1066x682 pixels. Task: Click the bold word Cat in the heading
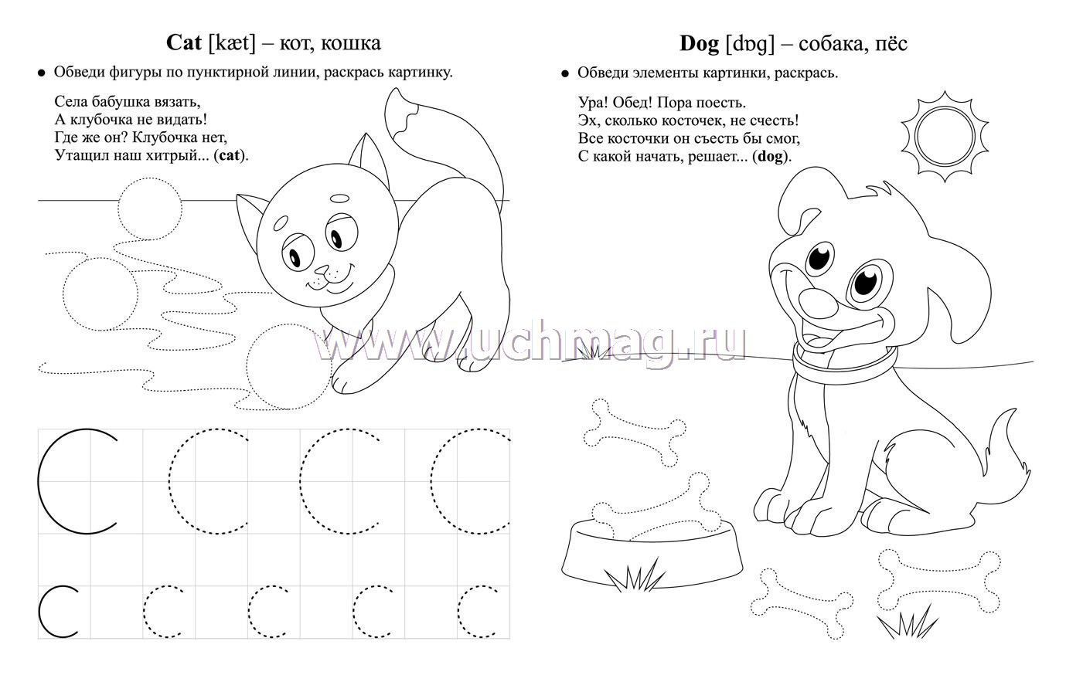pos(184,42)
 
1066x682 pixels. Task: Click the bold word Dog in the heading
pos(699,44)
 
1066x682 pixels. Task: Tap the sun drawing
pos(945,137)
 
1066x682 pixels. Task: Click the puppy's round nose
pos(818,304)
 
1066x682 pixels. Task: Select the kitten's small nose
pos(322,270)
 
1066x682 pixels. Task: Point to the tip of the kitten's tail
pos(394,90)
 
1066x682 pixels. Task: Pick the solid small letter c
pos(58,611)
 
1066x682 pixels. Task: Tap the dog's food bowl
pos(652,553)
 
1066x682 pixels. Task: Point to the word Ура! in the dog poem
pos(594,103)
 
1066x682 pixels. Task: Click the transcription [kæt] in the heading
pos(232,43)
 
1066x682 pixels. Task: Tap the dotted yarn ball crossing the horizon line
pos(150,209)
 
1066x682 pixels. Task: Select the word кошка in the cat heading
pos(351,43)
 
